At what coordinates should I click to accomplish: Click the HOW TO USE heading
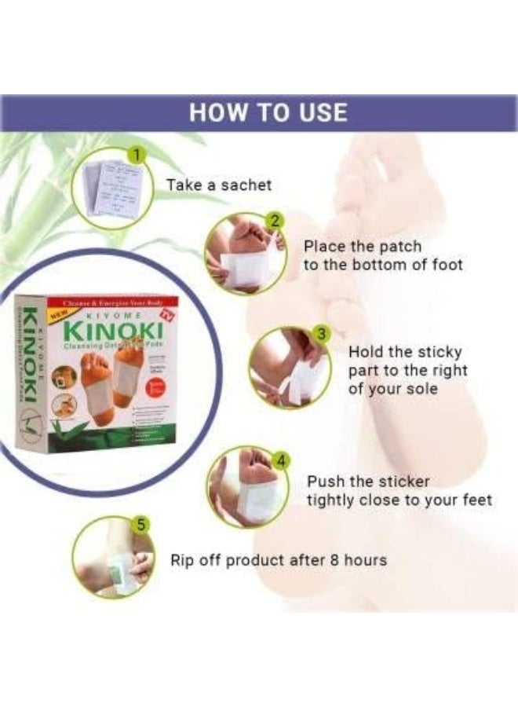pyautogui.click(x=268, y=112)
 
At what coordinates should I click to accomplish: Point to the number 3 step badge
pyautogui.click(x=319, y=334)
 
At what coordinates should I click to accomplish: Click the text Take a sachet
pyautogui.click(x=218, y=185)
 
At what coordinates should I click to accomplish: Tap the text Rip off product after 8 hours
pyautogui.click(x=279, y=560)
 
